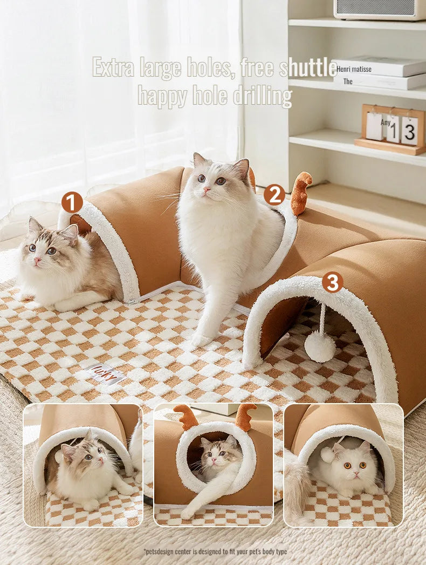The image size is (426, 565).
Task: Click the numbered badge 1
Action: click(72, 202)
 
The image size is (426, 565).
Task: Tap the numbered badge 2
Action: click(274, 194)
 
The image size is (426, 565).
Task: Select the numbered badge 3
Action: click(333, 282)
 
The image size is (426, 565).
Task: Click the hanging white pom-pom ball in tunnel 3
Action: click(320, 346)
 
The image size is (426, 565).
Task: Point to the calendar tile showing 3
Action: click(409, 131)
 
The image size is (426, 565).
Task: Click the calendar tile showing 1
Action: click(393, 130)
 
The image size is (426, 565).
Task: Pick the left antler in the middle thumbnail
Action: click(185, 417)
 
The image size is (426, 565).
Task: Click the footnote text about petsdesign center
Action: click(215, 551)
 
